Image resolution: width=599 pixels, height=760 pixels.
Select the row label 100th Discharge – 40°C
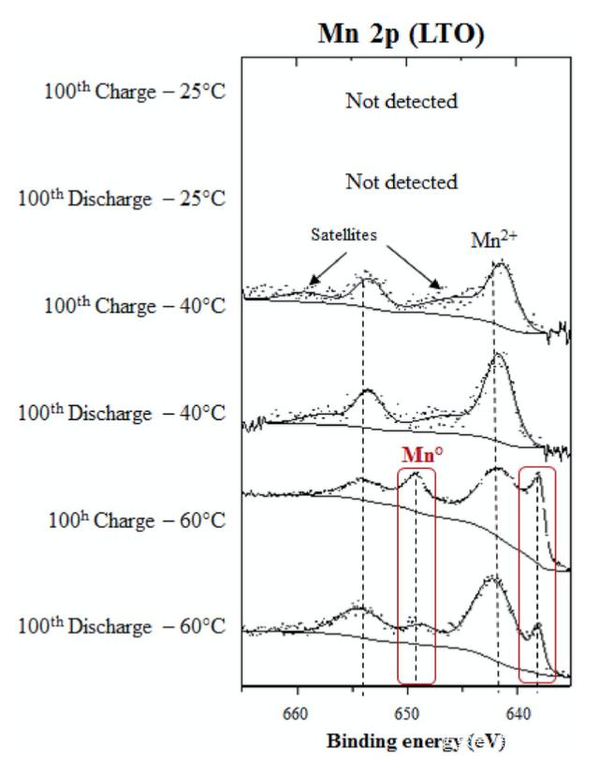coord(123,412)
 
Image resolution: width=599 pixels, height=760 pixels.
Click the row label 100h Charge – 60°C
coord(137,519)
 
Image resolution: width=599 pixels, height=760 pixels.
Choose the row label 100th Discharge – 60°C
coord(123,625)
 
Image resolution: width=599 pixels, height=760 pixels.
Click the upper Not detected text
coord(402,100)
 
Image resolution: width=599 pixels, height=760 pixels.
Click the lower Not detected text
coord(402,181)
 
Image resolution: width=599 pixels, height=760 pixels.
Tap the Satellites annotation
coord(344,236)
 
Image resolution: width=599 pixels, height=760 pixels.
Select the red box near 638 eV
coord(537,574)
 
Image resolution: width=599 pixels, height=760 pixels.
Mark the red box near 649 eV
coord(416,574)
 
